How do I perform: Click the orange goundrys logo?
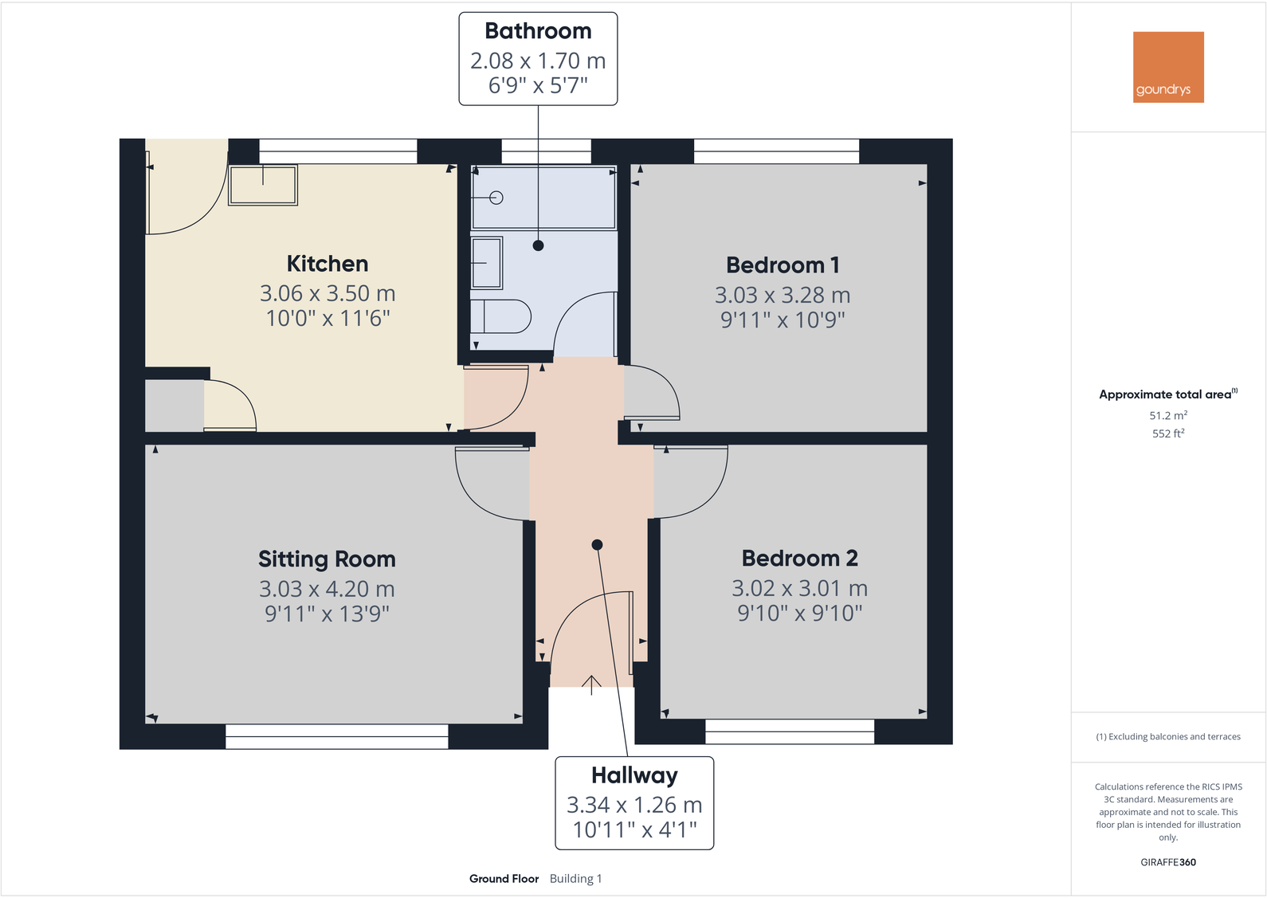(x=1168, y=67)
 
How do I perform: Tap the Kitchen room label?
(x=327, y=264)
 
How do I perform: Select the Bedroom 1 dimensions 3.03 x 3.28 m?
(x=782, y=295)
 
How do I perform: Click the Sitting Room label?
(x=327, y=559)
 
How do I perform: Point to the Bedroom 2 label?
(x=799, y=559)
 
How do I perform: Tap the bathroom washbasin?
(x=486, y=262)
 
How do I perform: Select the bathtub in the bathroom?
(x=543, y=198)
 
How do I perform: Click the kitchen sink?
(x=263, y=185)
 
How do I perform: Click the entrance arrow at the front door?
(x=591, y=684)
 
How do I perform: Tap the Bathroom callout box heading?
(x=538, y=31)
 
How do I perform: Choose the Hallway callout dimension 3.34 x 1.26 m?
(x=634, y=805)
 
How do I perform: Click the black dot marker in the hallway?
(x=597, y=545)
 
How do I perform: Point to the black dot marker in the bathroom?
(x=539, y=245)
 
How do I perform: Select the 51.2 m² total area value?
(x=1167, y=416)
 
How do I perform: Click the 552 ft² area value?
(x=1167, y=433)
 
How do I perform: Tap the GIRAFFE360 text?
(x=1167, y=862)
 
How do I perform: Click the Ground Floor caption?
(x=504, y=879)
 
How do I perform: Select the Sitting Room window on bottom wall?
(x=337, y=736)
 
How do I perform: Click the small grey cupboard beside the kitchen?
(x=174, y=406)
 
